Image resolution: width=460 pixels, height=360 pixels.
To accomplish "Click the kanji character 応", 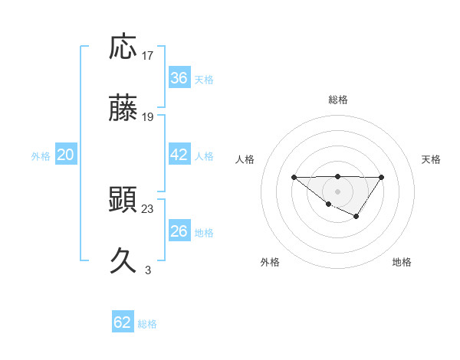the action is click(x=123, y=48).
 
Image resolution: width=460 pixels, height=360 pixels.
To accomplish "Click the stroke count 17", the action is click(x=148, y=56).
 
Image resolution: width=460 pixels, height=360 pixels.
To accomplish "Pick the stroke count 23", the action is click(x=148, y=208).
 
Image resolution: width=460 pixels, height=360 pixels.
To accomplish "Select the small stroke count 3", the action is click(x=148, y=270).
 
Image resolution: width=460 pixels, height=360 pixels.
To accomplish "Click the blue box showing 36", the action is click(x=179, y=78).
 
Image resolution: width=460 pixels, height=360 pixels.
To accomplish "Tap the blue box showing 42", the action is click(x=179, y=155).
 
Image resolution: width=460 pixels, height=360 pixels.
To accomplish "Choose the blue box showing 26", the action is click(x=179, y=231).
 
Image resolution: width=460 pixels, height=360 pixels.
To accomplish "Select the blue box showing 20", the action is click(x=65, y=155).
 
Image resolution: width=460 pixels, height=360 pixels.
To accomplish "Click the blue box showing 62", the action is click(x=123, y=322).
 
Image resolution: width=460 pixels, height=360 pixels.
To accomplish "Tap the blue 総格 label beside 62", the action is click(x=147, y=323).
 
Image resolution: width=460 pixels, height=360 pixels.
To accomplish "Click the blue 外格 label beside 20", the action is click(x=41, y=155).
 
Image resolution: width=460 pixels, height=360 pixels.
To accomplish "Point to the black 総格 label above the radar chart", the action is click(x=337, y=100).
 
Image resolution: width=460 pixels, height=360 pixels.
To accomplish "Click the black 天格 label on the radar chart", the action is click(x=432, y=159).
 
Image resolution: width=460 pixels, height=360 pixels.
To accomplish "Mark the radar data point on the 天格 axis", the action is click(x=381, y=178).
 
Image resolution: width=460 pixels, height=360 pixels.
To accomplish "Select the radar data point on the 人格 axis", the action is click(x=294, y=177).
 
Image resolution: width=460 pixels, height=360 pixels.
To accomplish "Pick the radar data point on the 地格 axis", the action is click(x=356, y=218).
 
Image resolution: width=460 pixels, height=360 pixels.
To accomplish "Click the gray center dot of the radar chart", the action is click(x=337, y=191).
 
